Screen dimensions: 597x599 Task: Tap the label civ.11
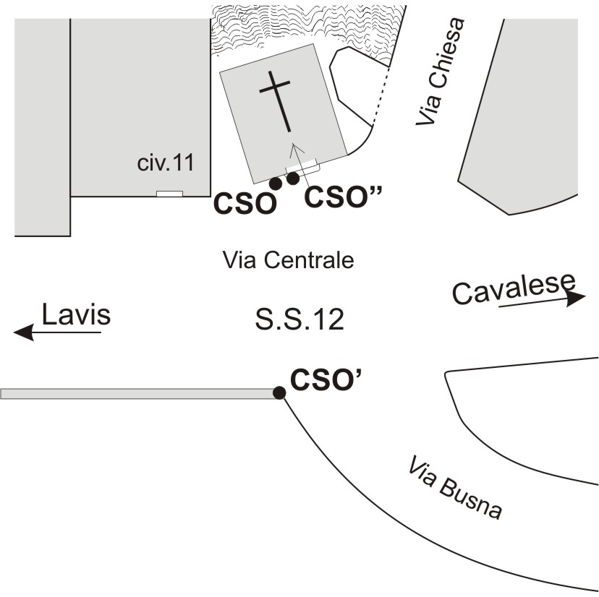[x=166, y=163]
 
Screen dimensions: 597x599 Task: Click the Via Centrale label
[x=288, y=259]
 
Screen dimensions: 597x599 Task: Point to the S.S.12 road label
[x=299, y=319]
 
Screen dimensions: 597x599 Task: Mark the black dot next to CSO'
[x=279, y=392]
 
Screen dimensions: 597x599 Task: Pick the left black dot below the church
[x=275, y=184]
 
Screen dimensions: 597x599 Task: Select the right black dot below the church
[x=293, y=178]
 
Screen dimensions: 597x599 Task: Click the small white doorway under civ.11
[x=170, y=194]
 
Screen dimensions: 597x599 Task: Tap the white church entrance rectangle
[x=302, y=167]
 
